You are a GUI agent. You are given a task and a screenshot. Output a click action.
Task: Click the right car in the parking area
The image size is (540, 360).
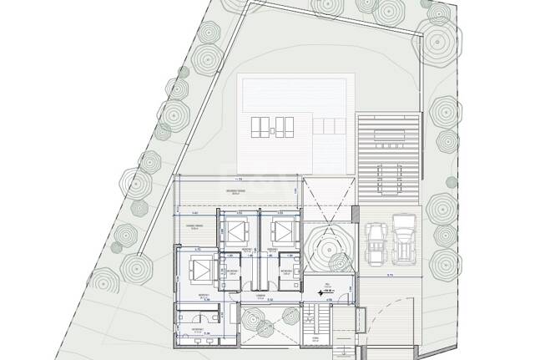(x=405, y=239)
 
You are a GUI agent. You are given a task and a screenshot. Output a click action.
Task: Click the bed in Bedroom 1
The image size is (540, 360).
(x=200, y=269)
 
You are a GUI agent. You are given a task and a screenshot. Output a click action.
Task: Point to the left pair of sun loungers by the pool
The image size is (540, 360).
(x=264, y=127)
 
